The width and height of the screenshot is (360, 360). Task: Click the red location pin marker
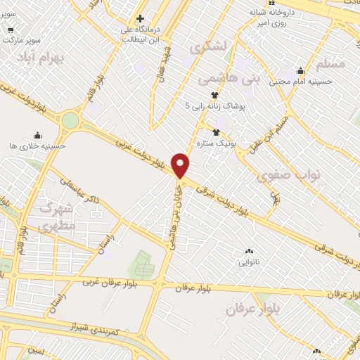[x=181, y=165]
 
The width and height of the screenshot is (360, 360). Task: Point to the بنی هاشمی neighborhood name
[x=229, y=77]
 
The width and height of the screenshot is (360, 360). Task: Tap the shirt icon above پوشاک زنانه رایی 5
[x=214, y=95]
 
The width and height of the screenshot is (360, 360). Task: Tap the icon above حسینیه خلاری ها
[x=37, y=135]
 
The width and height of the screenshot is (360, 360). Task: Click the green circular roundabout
[x=70, y=120]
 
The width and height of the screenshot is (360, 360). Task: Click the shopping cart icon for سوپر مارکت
[x=11, y=30]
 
